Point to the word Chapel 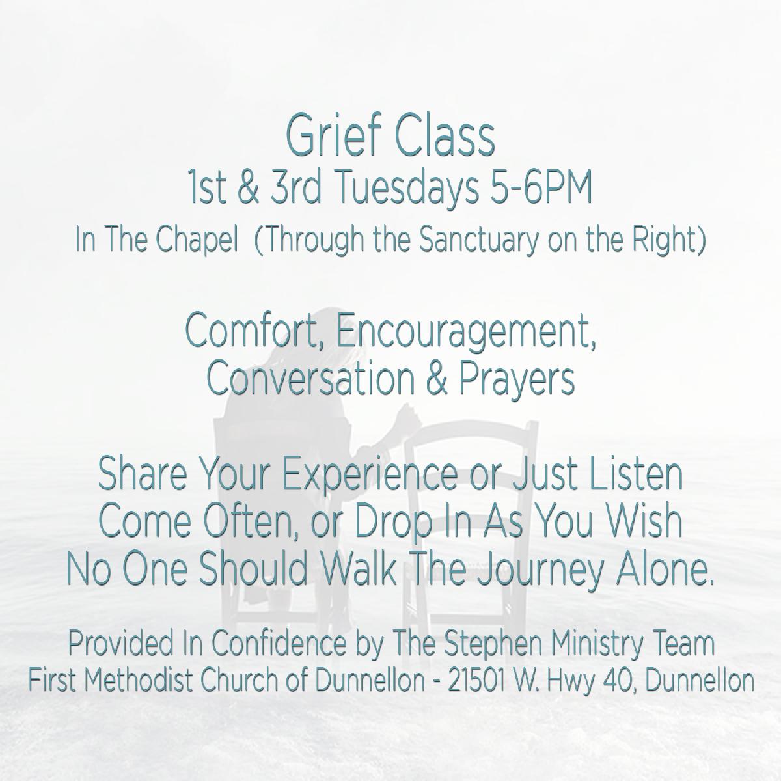point(197,241)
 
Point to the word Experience point(369,476)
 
